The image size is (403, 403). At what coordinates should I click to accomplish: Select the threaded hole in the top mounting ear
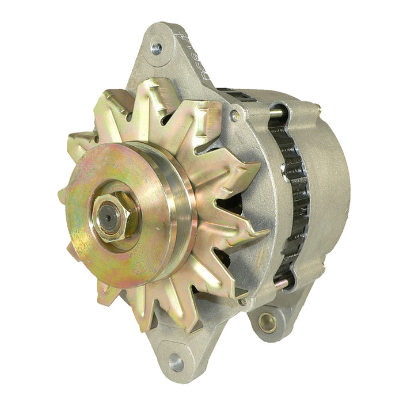[156, 48]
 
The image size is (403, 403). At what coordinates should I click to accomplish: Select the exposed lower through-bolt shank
[280, 283]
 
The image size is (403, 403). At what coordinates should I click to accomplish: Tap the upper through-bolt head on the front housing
[234, 115]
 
